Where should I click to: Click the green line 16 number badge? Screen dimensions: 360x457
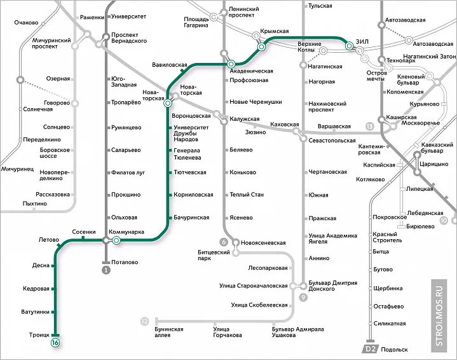click(55, 343)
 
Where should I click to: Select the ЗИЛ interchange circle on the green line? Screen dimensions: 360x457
click(349, 46)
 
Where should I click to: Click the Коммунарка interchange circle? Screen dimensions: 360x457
click(116, 240)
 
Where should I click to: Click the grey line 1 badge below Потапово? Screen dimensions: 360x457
click(106, 270)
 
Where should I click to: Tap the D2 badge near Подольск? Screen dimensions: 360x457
click(370, 349)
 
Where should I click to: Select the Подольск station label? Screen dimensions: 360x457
click(395, 349)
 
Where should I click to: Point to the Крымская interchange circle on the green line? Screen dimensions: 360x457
click(261, 47)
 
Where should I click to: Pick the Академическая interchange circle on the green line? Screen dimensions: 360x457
click(231, 64)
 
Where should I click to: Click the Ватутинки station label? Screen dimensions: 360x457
click(35, 312)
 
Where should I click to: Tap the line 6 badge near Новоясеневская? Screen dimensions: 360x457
click(224, 242)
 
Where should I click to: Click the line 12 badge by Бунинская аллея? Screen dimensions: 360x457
click(145, 321)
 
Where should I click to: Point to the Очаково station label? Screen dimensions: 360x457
click(26, 23)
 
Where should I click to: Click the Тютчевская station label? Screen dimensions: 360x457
click(189, 172)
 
